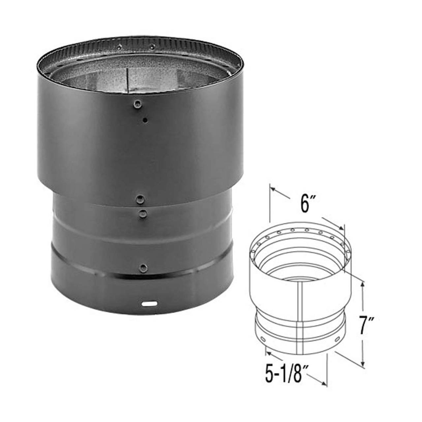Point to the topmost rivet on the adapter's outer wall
tap(137, 104)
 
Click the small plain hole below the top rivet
tap(145, 120)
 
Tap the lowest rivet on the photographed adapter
tap(143, 266)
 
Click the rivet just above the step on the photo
tap(141, 198)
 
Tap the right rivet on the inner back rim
tap(151, 46)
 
